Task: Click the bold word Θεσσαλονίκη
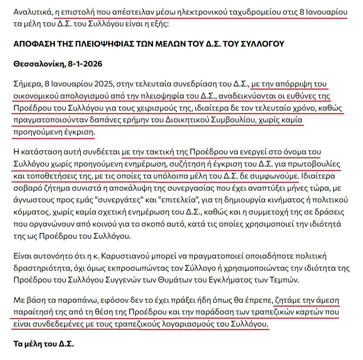37,64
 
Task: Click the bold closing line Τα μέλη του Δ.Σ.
43,344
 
